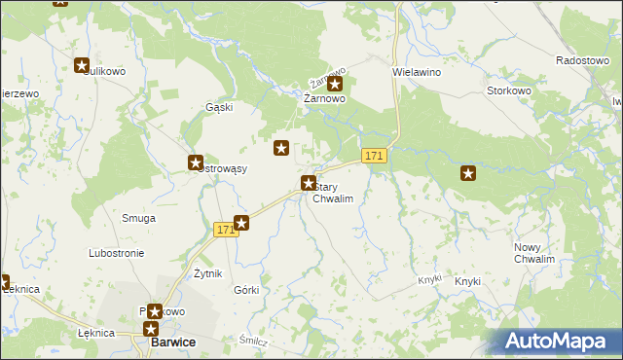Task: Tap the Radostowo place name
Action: coord(582,60)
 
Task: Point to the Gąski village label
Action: coord(218,107)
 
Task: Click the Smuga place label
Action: coord(138,218)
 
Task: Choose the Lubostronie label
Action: coord(116,253)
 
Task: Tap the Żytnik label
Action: coord(208,273)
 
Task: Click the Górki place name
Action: coord(246,291)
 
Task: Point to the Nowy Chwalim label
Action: coord(534,254)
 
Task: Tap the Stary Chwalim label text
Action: coord(332,193)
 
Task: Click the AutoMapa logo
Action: coord(560,342)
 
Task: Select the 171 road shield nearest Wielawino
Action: coord(375,156)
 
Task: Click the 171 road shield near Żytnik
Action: coord(225,230)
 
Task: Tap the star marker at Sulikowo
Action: coord(82,65)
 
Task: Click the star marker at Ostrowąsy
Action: coord(195,163)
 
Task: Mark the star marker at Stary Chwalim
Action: coord(309,182)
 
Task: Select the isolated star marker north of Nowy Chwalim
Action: coord(468,173)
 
